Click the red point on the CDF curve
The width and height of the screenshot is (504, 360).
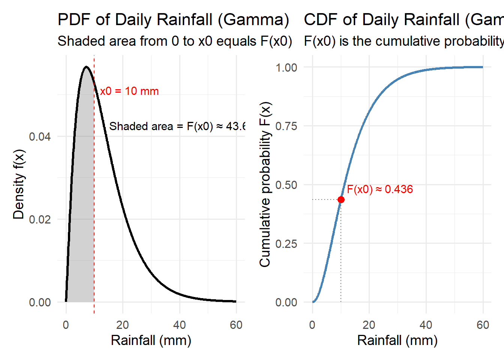pos(341,199)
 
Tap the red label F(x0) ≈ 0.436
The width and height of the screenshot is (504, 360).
pos(379,189)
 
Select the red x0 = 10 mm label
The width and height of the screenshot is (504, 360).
pos(129,91)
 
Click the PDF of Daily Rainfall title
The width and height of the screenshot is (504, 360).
pos(173,20)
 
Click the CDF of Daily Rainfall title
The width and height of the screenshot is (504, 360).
pos(403,20)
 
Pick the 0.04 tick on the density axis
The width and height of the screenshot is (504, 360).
pos(40,136)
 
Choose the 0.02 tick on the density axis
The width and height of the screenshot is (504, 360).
pos(40,219)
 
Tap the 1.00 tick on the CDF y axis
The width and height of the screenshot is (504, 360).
pos(286,67)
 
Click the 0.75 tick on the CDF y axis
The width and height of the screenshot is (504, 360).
pos(286,126)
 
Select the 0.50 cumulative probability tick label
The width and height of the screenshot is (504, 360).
pos(286,185)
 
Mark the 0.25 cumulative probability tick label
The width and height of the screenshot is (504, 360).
pos(286,244)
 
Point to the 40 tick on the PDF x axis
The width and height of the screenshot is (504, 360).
pos(180,325)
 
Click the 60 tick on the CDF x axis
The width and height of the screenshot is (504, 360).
pos(483,325)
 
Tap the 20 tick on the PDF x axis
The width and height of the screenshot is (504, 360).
pos(123,325)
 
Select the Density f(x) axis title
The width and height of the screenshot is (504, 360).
pos(19,184)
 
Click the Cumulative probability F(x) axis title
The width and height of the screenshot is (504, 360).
pos(265,184)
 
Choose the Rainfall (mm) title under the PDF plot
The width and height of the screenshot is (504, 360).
pos(151,340)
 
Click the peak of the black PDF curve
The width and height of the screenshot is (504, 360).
pos(87,67)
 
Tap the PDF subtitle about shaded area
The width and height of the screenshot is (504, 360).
pos(175,41)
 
